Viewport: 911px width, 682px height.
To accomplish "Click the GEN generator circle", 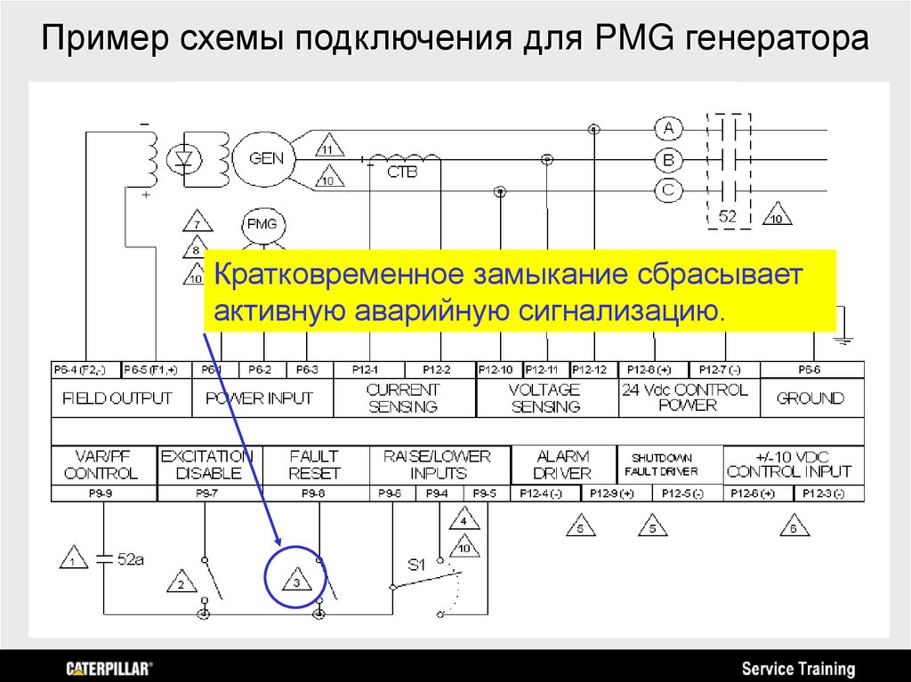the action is (x=266, y=159).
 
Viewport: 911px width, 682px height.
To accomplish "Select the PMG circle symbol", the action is (x=262, y=224).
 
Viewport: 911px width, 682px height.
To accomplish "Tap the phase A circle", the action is (x=669, y=130).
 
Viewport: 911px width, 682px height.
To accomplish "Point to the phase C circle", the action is (x=669, y=189).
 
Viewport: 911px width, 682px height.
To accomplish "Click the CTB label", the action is (x=401, y=173).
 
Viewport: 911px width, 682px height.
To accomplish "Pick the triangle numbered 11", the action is (x=327, y=148).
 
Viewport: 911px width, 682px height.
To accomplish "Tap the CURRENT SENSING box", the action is (x=404, y=398).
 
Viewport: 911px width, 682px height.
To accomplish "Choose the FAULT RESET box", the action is (x=315, y=464).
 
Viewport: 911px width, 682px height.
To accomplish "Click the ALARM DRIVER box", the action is (x=562, y=464).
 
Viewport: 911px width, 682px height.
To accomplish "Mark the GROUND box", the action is (x=810, y=398).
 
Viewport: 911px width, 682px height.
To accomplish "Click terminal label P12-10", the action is (x=496, y=369).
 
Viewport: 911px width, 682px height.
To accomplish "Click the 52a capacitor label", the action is (x=130, y=559).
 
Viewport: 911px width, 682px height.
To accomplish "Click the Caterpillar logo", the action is (x=109, y=668).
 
